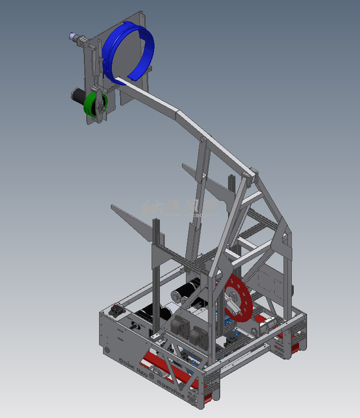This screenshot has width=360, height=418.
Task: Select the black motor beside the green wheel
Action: click(x=78, y=95)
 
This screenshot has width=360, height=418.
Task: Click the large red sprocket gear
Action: click(x=239, y=299)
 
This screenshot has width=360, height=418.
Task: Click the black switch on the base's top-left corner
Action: click(x=117, y=311)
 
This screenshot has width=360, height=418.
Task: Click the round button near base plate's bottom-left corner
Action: click(x=107, y=351)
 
